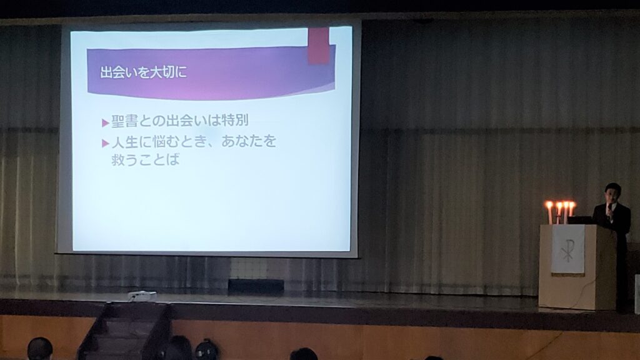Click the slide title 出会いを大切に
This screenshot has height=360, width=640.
[143, 72]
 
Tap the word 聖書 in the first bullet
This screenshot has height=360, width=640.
[124, 121]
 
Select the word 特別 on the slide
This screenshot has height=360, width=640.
[235, 120]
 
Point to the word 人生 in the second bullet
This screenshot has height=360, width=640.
[124, 142]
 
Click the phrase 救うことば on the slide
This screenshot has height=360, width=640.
[145, 159]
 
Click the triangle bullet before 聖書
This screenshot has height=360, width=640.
[105, 122]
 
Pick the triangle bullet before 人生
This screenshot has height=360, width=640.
[105, 143]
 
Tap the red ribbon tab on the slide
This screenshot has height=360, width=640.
[318, 46]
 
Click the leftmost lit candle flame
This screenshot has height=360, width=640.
[549, 205]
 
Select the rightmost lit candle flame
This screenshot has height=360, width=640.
[571, 206]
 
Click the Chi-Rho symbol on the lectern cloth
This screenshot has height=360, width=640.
[567, 250]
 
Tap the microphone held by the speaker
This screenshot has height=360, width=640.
[609, 209]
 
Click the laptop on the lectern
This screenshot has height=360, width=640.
[579, 220]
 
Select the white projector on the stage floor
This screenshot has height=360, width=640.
[142, 296]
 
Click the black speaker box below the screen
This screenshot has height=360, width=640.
[256, 286]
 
